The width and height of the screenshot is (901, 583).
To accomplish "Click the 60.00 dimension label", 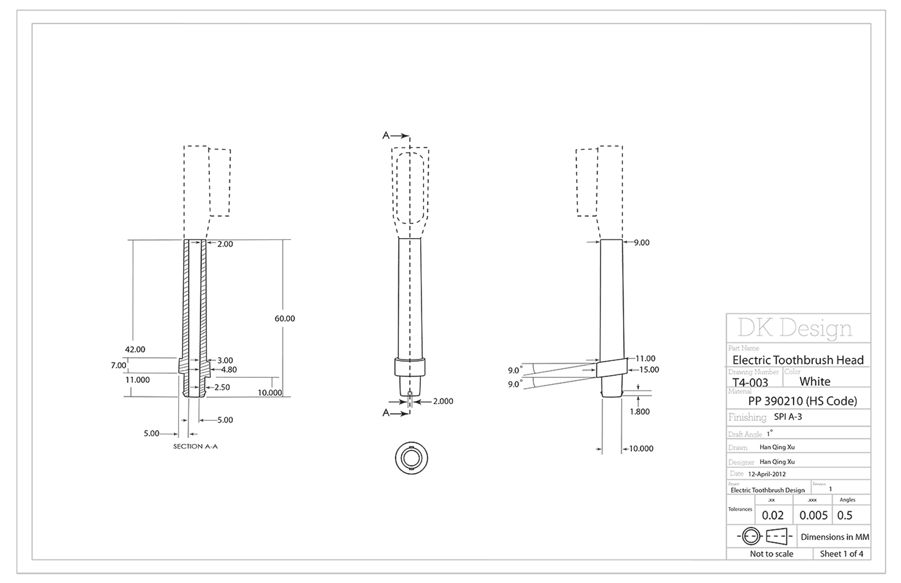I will (x=284, y=319).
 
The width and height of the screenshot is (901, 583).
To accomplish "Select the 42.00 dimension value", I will (x=135, y=349).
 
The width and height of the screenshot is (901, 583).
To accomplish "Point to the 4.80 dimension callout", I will (x=229, y=370).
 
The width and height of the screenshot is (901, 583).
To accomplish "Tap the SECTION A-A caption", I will (x=196, y=446).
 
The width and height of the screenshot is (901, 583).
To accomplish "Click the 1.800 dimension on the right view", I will (x=640, y=411).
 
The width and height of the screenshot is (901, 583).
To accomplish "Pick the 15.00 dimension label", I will (x=649, y=369).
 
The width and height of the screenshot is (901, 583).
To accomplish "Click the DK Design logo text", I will (x=794, y=328).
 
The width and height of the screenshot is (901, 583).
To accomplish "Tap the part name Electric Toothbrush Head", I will (x=798, y=360).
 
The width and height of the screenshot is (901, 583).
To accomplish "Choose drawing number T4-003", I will (x=750, y=382).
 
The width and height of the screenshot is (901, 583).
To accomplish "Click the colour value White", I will (x=815, y=381).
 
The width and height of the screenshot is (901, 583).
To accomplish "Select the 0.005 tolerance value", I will (x=813, y=515).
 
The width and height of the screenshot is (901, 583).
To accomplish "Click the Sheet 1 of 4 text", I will (x=842, y=554).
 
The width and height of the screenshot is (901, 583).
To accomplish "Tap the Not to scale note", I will (x=771, y=554).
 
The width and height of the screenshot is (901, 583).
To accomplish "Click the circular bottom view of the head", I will (x=411, y=459).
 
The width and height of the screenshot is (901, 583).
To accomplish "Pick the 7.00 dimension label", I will (x=118, y=365).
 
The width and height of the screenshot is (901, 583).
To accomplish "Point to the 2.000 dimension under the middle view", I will (x=443, y=401).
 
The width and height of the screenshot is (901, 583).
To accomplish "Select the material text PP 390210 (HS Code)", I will (x=803, y=401).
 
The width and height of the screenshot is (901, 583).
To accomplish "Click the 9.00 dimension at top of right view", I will (x=641, y=243).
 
